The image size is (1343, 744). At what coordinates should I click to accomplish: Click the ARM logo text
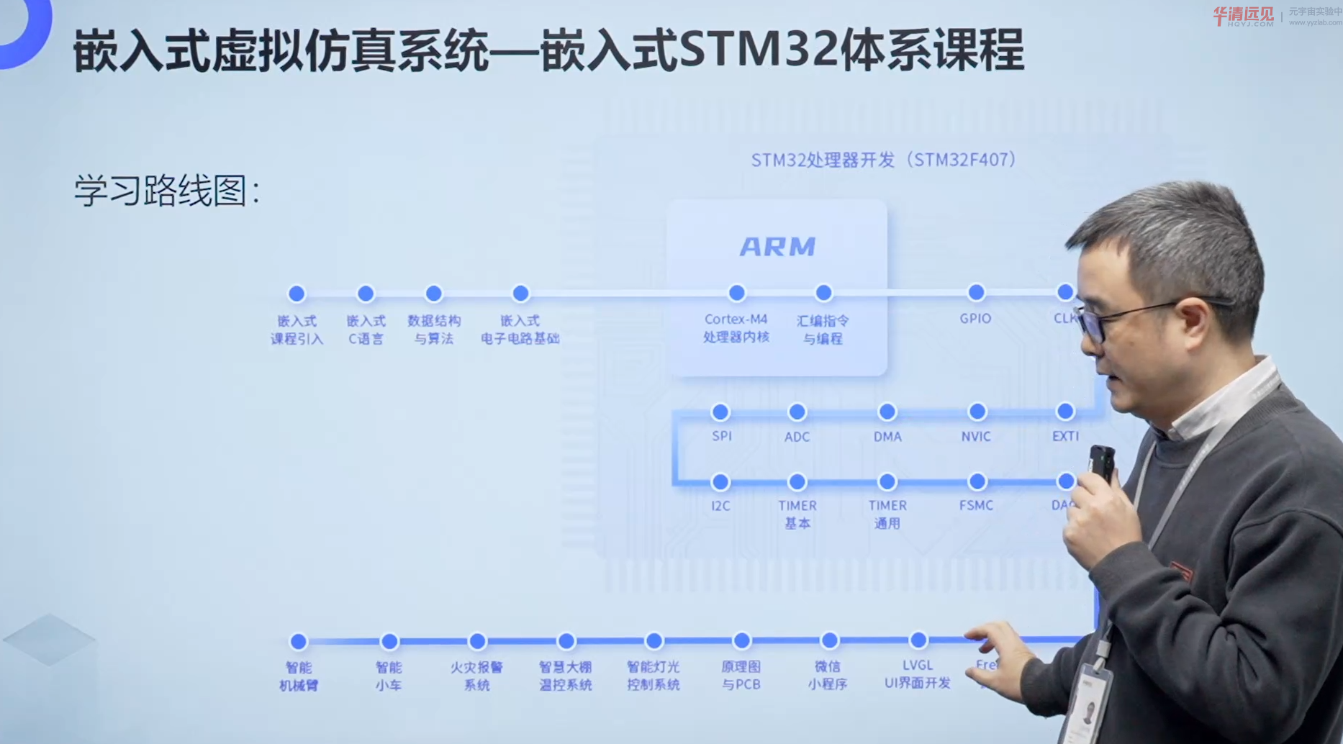click(777, 247)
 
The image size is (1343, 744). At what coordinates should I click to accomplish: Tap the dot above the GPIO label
click(976, 292)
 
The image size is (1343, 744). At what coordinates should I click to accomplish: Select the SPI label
click(721, 436)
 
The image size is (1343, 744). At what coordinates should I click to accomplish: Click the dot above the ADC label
click(797, 412)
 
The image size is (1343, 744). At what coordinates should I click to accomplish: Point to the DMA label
click(887, 437)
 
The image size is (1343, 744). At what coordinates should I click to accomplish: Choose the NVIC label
click(976, 437)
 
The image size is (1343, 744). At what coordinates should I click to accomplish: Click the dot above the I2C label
click(720, 481)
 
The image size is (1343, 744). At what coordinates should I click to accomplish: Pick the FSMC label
click(976, 506)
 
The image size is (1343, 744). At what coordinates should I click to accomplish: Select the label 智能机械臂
click(299, 676)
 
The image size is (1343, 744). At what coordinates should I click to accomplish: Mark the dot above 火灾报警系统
click(477, 640)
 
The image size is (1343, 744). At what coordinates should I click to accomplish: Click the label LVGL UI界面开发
click(918, 674)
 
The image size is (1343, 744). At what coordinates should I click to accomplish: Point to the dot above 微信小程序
click(829, 640)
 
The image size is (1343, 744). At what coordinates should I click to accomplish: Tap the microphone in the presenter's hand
click(1101, 464)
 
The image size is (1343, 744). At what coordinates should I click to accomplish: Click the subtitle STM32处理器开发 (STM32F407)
click(883, 160)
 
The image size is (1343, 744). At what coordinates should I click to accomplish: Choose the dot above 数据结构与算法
click(433, 294)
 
